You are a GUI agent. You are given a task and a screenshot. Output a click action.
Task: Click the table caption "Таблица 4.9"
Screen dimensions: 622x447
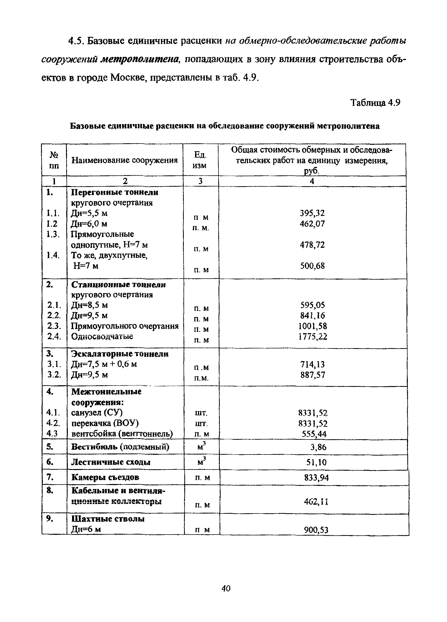pyautogui.click(x=375, y=103)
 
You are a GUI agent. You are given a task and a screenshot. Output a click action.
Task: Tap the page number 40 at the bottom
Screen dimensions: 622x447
pyautogui.click(x=226, y=588)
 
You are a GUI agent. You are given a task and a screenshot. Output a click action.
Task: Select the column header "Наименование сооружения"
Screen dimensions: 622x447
pyautogui.click(x=125, y=160)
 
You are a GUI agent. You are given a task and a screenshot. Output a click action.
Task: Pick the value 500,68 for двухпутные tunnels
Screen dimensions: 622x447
pyautogui.click(x=312, y=266)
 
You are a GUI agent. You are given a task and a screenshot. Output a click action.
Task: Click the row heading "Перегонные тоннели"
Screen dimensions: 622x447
pyautogui.click(x=114, y=192)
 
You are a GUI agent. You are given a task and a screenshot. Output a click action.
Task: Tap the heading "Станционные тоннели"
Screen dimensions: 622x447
pyautogui.click(x=118, y=285)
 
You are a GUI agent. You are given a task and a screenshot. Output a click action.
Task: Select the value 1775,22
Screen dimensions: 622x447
pyautogui.click(x=313, y=337)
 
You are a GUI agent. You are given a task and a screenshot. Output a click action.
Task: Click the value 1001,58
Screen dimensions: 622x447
pyautogui.click(x=313, y=326)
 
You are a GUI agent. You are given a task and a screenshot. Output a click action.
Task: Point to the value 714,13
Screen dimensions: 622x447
pyautogui.click(x=313, y=364)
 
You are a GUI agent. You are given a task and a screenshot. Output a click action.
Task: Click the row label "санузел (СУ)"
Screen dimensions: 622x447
pyautogui.click(x=97, y=413)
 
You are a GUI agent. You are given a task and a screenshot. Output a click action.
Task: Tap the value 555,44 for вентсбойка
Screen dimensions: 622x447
pyautogui.click(x=314, y=434)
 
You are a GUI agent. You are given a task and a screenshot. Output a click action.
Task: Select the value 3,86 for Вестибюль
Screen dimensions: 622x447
pyautogui.click(x=318, y=447)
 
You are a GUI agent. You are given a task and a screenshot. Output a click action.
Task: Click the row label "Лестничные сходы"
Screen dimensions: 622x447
pyautogui.click(x=111, y=462)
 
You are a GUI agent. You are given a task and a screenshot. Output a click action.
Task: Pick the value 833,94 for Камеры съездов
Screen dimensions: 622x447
pyautogui.click(x=316, y=478)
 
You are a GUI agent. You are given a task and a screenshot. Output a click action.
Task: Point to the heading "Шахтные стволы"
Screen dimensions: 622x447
pyautogui.click(x=108, y=519)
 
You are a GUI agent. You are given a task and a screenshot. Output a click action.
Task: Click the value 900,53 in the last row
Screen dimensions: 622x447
pyautogui.click(x=316, y=530)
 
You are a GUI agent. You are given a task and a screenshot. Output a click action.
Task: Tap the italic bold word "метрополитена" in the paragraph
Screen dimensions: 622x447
pyautogui.click(x=140, y=59)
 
